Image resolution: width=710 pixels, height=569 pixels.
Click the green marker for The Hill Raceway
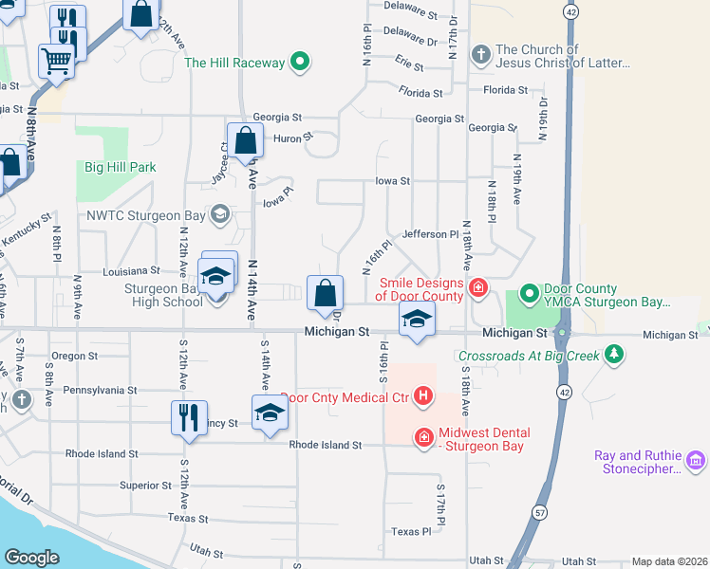[300, 64]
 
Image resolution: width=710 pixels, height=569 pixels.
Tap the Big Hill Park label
[120, 168]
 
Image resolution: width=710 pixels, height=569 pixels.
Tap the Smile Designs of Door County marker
[478, 287]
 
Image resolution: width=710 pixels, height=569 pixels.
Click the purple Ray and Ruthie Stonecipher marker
[696, 462]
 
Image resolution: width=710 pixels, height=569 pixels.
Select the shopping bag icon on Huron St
[245, 140]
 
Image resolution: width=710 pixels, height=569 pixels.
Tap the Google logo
[31, 558]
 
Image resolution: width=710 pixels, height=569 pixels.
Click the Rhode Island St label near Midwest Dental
[326, 445]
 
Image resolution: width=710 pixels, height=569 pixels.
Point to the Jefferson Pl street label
[430, 234]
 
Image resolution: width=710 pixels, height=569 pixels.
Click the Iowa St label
[392, 180]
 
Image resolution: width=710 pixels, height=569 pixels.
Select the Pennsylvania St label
[100, 390]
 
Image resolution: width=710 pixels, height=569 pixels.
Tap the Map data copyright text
[668, 561]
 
